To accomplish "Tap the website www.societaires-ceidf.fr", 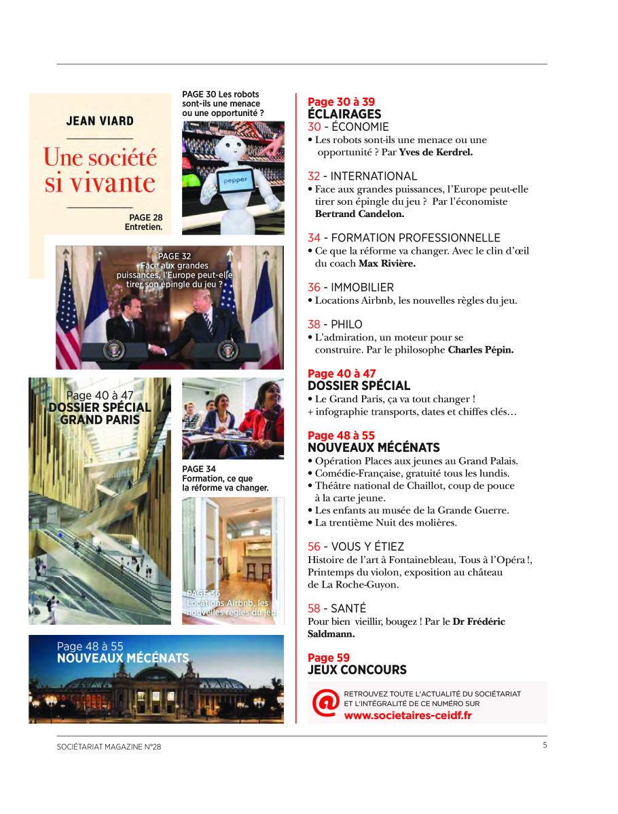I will [407, 715].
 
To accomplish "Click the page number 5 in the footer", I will [545, 745].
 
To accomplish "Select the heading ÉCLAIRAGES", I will [344, 114].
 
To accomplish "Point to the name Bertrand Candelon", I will [359, 214].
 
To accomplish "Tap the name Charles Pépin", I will [481, 351].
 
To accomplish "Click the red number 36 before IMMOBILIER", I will [314, 288].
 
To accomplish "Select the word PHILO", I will [346, 324].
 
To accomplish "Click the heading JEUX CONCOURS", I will [357, 670].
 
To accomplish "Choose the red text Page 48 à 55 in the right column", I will [341, 435].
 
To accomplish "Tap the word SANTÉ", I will [348, 608].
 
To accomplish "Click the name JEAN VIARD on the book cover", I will [100, 121].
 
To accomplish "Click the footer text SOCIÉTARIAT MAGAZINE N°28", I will [109, 747].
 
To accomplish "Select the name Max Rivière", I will [386, 263].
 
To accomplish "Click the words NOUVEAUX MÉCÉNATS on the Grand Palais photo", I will [123, 658].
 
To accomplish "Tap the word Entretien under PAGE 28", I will [143, 227].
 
